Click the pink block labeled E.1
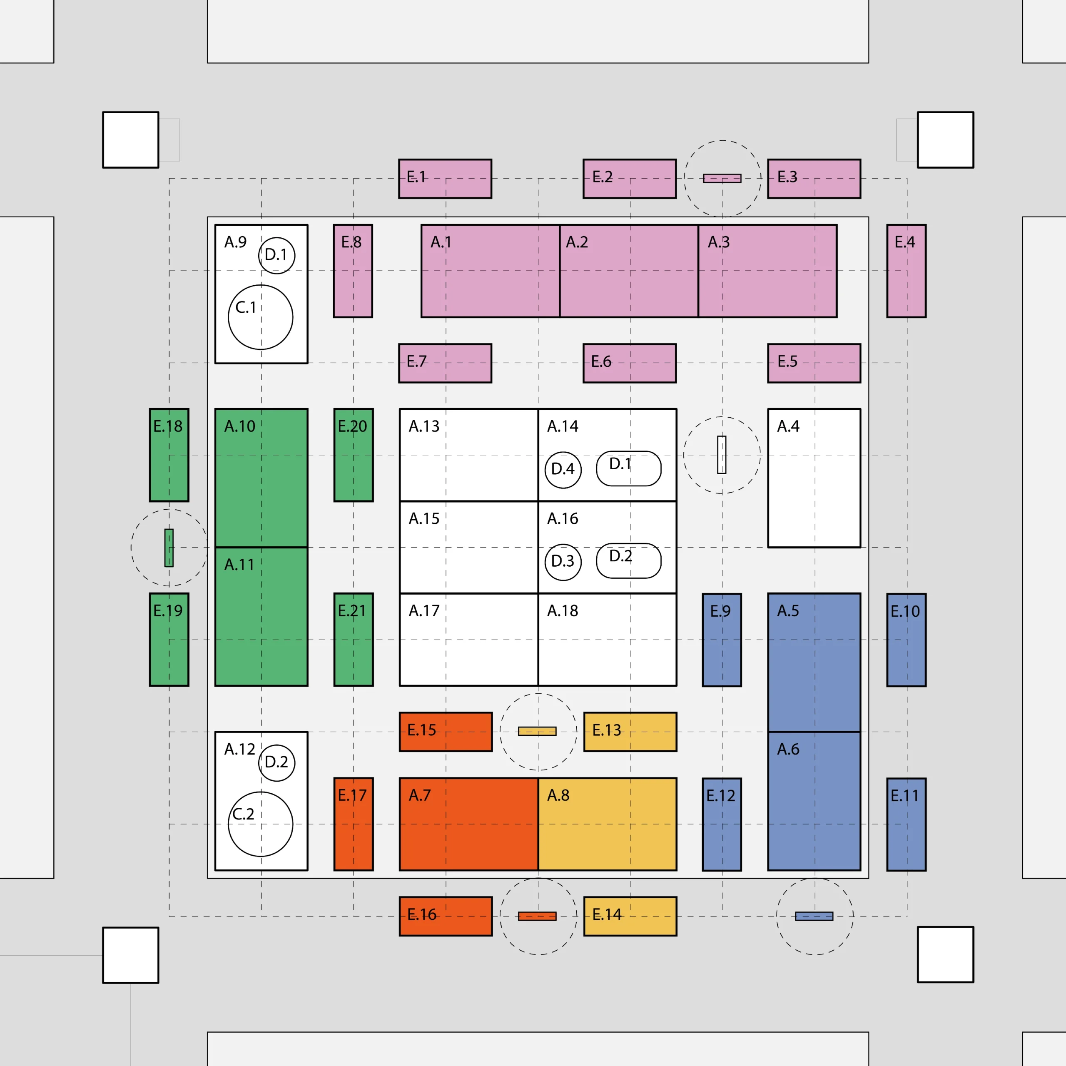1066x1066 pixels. coord(445,179)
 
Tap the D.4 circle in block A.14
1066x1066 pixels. coord(563,470)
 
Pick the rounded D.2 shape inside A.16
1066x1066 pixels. coord(628,560)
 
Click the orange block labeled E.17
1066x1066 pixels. coord(353,824)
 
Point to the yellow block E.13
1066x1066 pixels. coord(630,732)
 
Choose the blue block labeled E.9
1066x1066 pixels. coord(722,640)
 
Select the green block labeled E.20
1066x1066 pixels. coord(353,455)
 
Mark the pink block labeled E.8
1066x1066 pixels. coord(353,271)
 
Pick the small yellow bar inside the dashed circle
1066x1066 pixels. coord(537,732)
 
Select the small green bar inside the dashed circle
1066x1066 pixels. coord(169,548)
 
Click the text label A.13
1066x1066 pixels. coord(424,426)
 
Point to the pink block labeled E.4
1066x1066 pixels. coord(907,271)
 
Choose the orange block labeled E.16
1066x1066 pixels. coord(446,916)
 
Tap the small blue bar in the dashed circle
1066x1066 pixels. coord(814,917)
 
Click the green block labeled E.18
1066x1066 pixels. coord(169,455)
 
